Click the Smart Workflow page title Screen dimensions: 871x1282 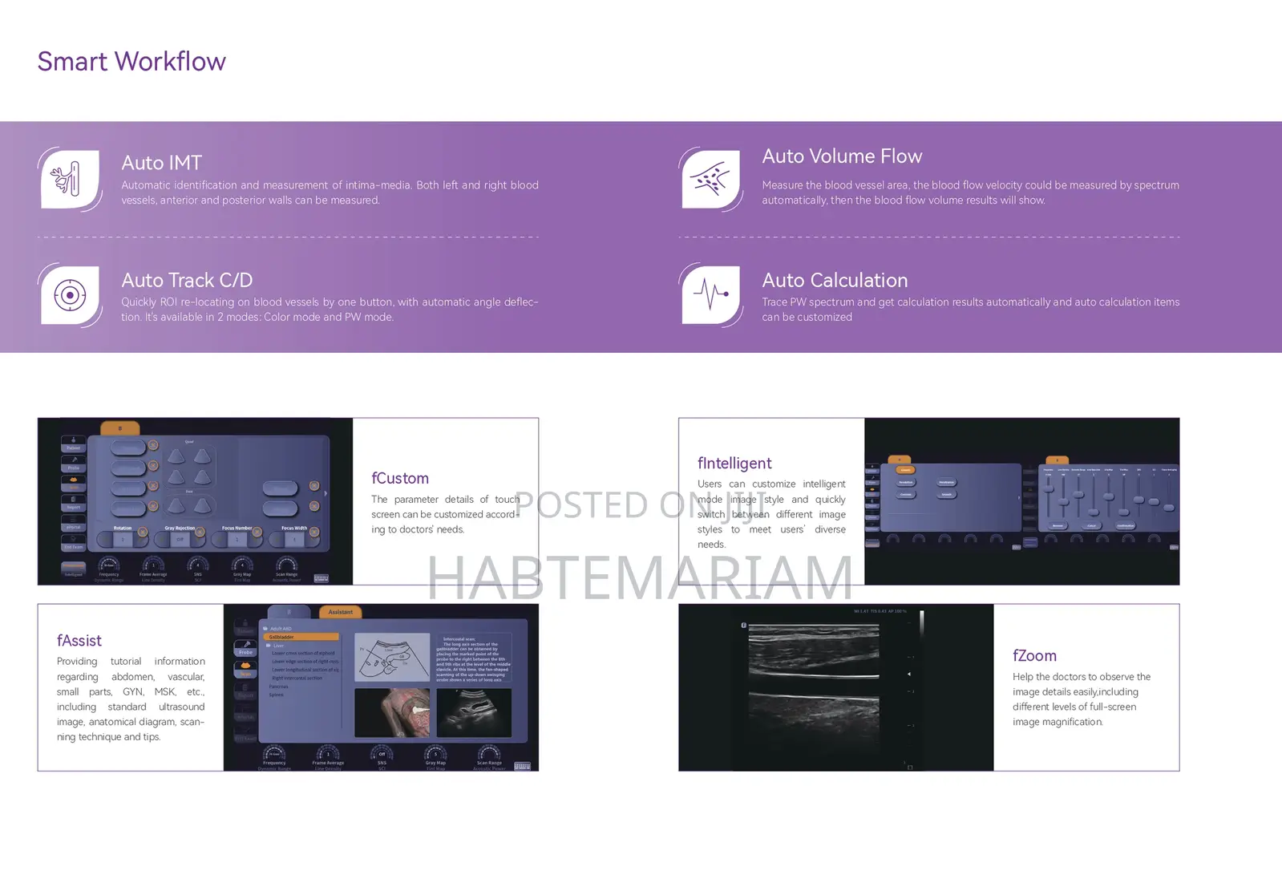(131, 62)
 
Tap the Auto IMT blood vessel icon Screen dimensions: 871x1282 (70, 179)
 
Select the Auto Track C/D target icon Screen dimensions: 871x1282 (70, 295)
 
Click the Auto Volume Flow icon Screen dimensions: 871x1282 (710, 179)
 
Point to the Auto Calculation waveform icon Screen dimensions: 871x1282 (710, 295)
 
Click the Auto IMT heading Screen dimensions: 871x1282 (161, 163)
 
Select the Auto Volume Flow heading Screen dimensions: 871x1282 (842, 156)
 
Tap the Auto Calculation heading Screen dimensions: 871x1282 (835, 281)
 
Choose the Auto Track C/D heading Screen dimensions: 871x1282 (187, 281)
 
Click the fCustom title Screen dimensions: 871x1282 (400, 479)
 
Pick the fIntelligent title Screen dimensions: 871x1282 (734, 464)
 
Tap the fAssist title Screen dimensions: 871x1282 (79, 641)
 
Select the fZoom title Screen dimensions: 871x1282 (1034, 656)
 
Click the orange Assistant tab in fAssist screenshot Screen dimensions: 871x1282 (340, 612)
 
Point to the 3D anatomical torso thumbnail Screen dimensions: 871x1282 (392, 712)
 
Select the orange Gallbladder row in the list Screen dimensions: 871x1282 (301, 637)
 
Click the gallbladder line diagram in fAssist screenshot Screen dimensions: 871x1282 (392, 658)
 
